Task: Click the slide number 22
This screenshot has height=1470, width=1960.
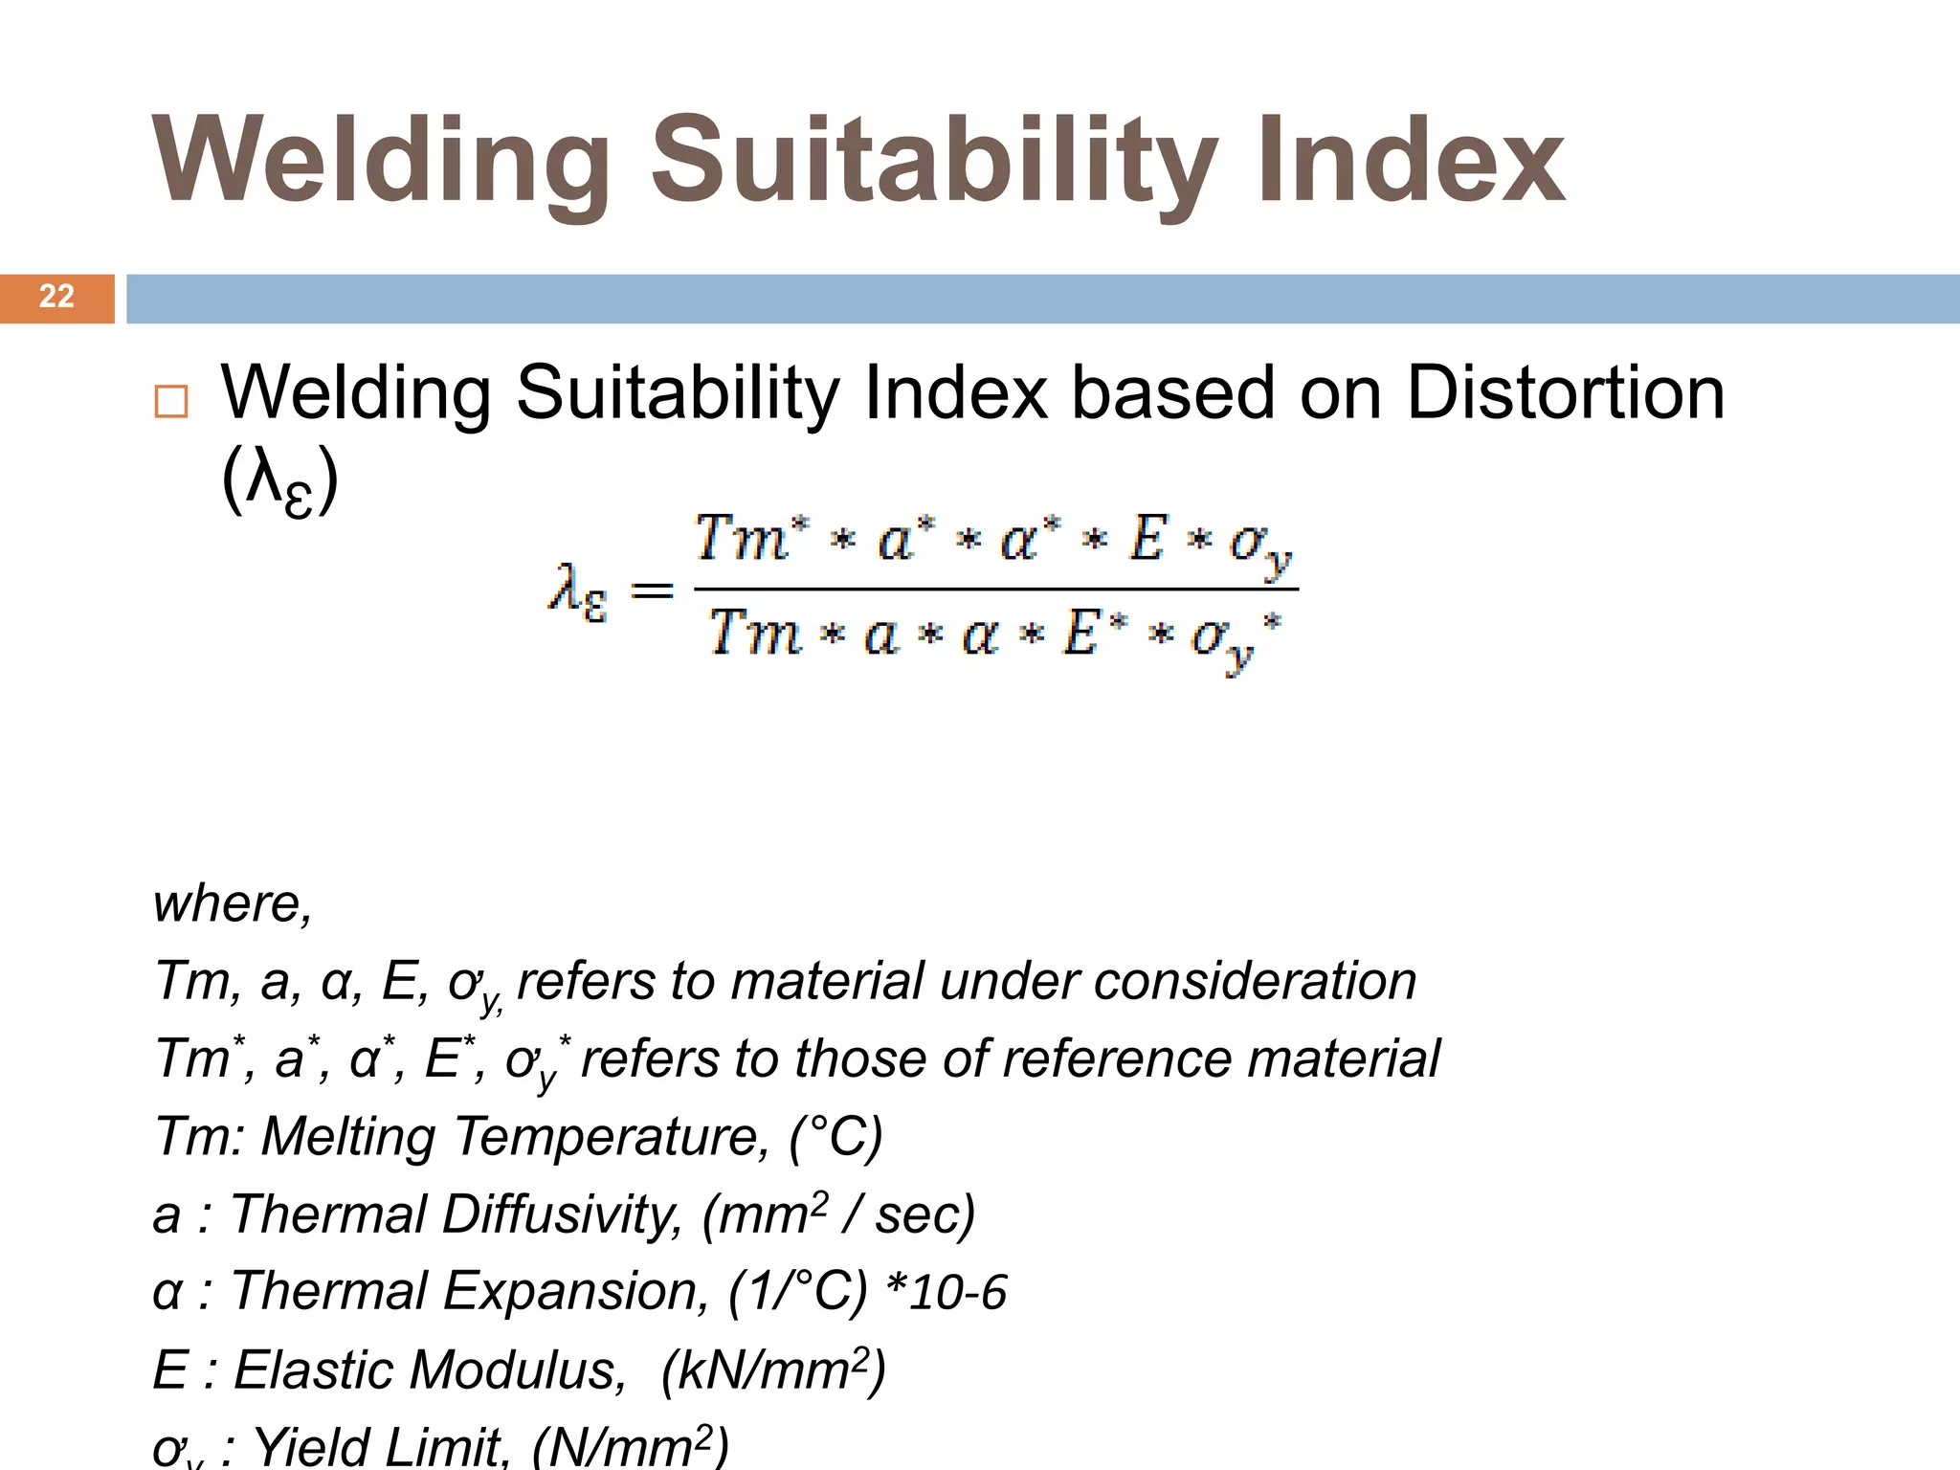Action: pos(56,297)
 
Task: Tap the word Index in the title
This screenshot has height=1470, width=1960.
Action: pos(1411,161)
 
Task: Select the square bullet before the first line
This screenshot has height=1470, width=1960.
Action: pos(171,401)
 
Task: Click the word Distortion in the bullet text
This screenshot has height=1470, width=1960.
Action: pos(1565,393)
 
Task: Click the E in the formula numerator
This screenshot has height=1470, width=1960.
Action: pos(1147,538)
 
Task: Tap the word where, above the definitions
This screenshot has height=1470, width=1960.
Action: pos(233,903)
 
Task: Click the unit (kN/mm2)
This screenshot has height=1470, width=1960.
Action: pos(773,1370)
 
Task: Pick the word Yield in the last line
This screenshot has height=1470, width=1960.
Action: pos(312,1445)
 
